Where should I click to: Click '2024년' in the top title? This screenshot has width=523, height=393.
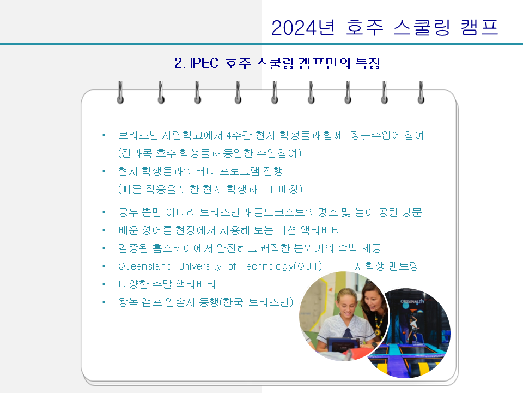tap(303, 27)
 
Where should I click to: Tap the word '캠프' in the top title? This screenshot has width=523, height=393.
tap(479, 27)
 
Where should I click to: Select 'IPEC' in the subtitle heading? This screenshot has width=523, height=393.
tap(204, 63)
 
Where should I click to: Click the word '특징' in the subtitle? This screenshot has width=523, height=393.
tap(368, 63)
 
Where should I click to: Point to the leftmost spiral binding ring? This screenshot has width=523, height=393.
tap(120, 92)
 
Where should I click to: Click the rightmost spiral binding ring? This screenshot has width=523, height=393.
tap(421, 92)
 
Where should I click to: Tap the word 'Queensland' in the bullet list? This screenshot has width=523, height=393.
tap(145, 266)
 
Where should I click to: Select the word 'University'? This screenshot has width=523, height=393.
tap(199, 266)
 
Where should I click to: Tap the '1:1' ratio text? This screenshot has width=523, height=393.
tap(266, 189)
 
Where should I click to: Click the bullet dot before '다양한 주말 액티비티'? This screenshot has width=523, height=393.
tap(104, 284)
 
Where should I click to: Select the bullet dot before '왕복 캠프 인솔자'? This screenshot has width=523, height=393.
tap(104, 302)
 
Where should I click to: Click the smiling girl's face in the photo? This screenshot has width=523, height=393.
tap(347, 303)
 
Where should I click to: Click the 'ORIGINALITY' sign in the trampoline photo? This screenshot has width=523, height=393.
tap(412, 301)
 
